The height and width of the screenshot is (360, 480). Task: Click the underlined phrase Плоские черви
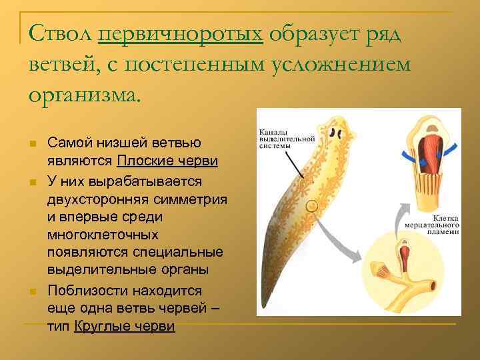point(168,161)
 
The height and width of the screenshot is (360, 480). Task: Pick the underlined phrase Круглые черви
point(125,326)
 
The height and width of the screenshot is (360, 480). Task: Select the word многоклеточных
point(103,235)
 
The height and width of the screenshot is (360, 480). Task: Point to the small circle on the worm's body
point(311,206)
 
